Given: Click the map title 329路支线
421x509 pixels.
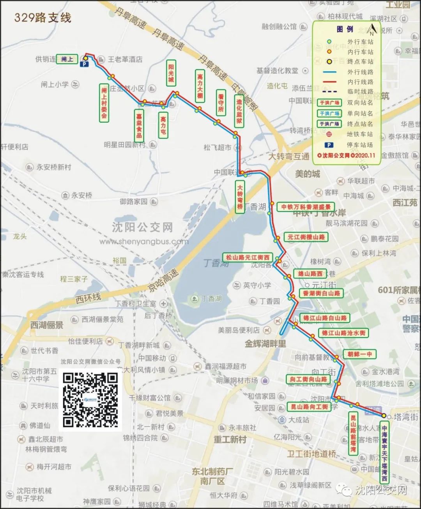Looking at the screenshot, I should tap(43, 18).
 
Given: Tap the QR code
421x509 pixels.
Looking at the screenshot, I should tap(90, 400).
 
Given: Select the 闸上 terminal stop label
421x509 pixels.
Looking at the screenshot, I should tap(67, 59).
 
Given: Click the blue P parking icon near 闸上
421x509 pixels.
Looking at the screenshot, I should tap(84, 65).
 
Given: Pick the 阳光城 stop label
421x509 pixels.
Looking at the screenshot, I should tap(171, 73).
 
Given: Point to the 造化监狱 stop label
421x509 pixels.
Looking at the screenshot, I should tap(239, 111).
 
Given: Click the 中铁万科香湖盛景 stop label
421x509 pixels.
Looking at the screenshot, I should tap(306, 207).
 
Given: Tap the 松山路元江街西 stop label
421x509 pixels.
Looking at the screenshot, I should tap(248, 257).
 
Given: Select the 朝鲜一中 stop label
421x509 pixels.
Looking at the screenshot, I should tap(360, 354).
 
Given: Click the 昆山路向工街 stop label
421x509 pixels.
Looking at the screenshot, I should tap(310, 407).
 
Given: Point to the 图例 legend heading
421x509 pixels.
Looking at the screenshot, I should tap(345, 29).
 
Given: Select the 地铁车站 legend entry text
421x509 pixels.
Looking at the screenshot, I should tap(360, 134).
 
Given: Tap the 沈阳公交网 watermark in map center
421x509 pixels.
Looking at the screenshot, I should tap(142, 227).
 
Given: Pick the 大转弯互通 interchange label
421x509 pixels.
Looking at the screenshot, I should tap(289, 156).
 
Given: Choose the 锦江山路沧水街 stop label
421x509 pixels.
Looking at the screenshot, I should tap(343, 333).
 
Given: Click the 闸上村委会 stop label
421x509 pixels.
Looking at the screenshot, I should tap(104, 103).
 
